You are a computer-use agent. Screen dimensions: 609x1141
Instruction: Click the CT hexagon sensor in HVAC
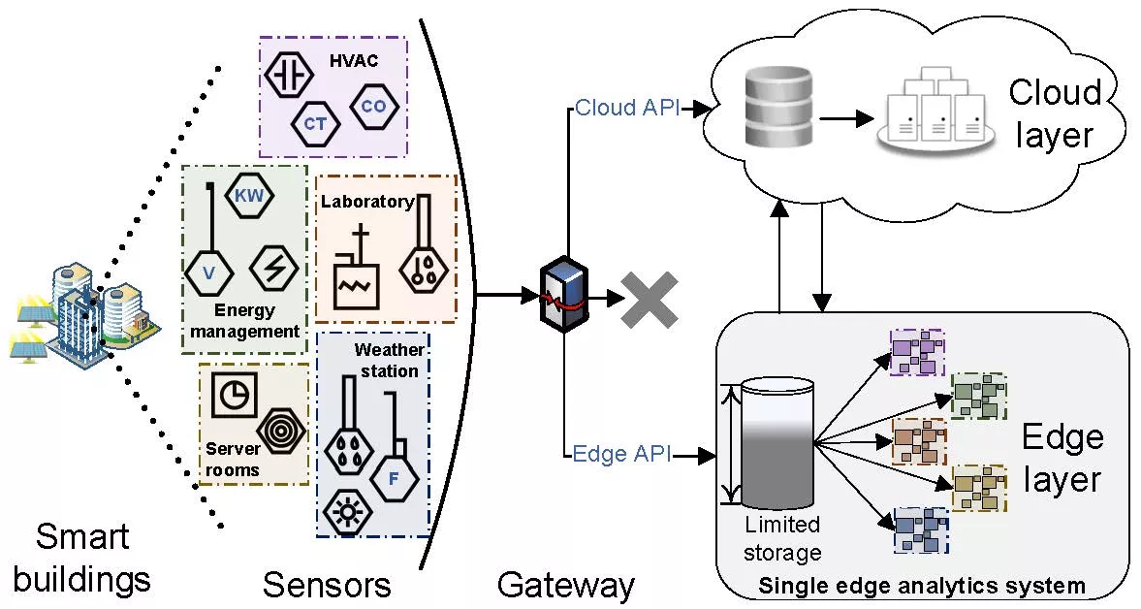pyautogui.click(x=315, y=124)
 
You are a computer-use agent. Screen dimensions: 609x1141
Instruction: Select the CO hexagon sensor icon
pyautogui.click(x=372, y=106)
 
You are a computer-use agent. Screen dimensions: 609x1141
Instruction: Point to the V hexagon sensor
pyautogui.click(x=208, y=273)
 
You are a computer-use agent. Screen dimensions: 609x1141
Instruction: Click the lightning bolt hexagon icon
pyautogui.click(x=273, y=266)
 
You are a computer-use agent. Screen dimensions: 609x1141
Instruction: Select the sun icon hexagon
pyautogui.click(x=344, y=510)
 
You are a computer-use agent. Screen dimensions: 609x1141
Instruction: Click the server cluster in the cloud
pyautogui.click(x=935, y=109)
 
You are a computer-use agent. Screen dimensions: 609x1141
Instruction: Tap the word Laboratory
pyautogui.click(x=366, y=202)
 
